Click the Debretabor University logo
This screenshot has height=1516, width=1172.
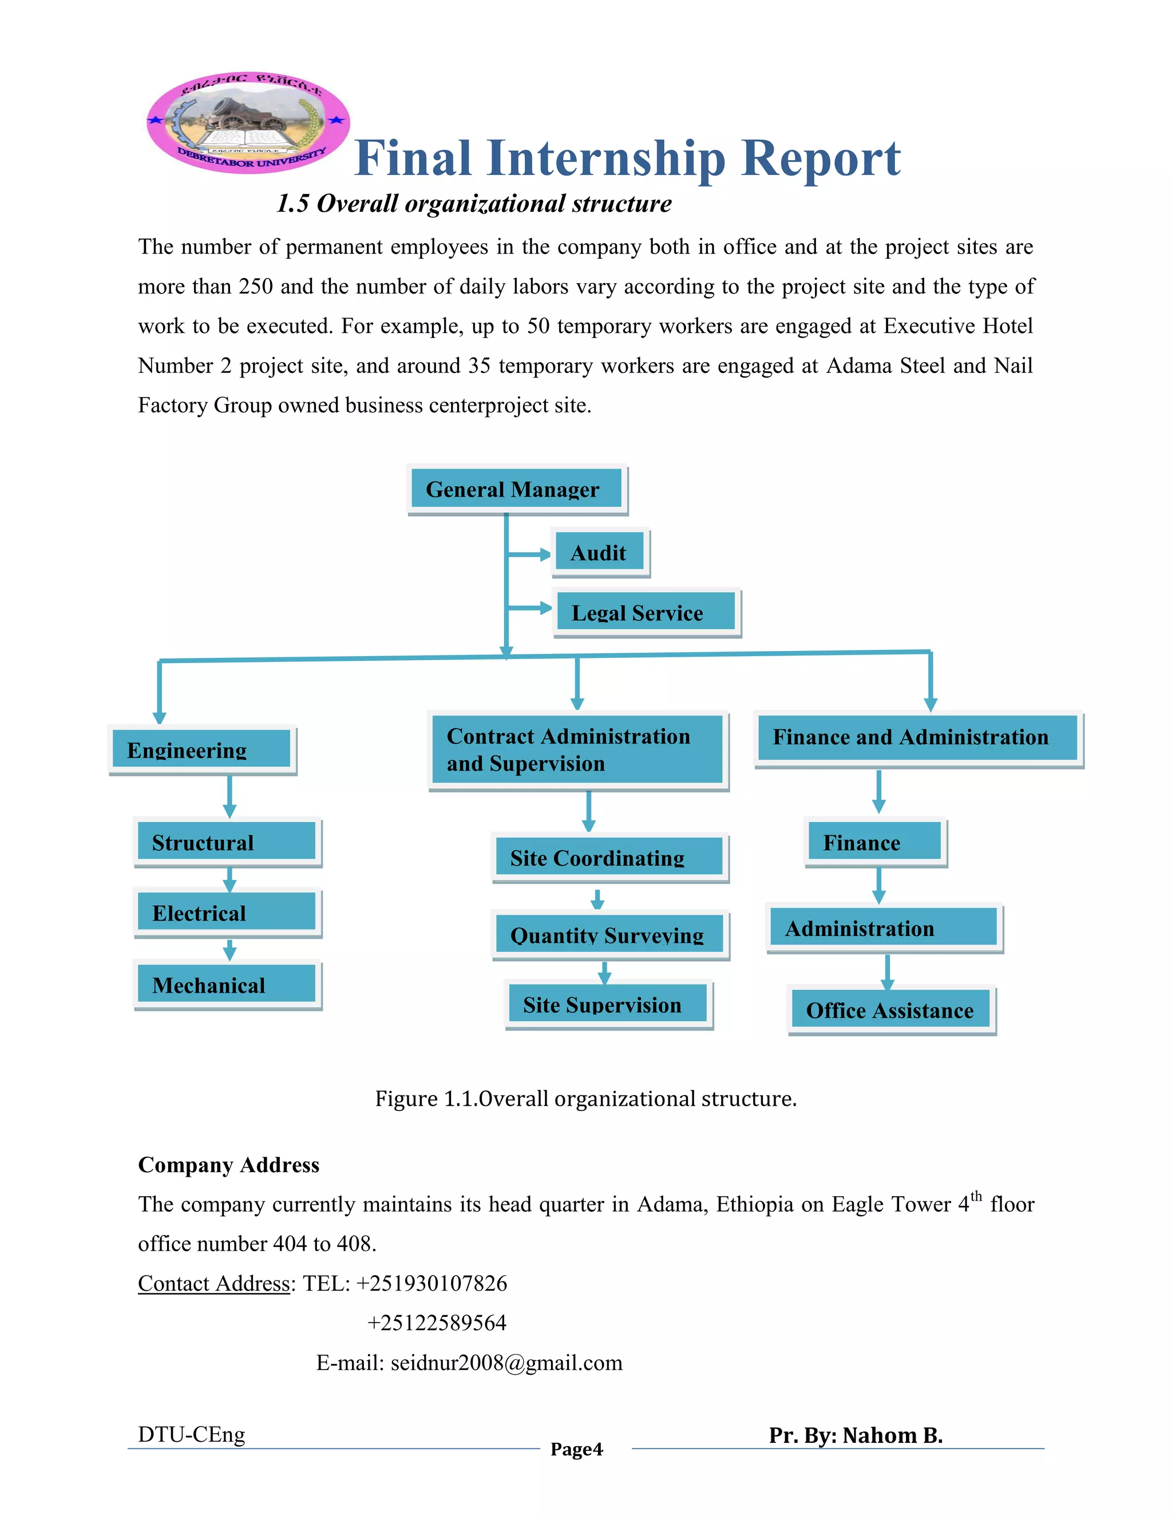[248, 122]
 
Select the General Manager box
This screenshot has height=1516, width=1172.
[517, 489]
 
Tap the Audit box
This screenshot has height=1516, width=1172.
[600, 553]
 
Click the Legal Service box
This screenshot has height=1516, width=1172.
[646, 612]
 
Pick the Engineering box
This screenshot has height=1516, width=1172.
[202, 749]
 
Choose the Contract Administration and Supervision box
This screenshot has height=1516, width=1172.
[577, 749]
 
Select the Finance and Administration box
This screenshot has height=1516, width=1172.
[917, 737]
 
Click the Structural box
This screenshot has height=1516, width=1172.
[227, 842]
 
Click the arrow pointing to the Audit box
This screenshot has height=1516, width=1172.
[529, 554]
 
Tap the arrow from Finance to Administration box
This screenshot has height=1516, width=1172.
[878, 885]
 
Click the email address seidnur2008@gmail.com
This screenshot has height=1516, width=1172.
[506, 1363]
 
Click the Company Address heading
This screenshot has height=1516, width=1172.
[228, 1164]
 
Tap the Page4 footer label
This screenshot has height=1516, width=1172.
[576, 1450]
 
